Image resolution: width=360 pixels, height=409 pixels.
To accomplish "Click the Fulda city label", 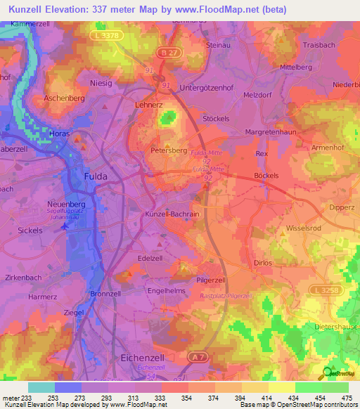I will pyautogui.click(x=96, y=176).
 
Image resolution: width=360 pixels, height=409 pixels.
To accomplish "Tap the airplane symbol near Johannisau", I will pyautogui.click(x=65, y=226).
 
